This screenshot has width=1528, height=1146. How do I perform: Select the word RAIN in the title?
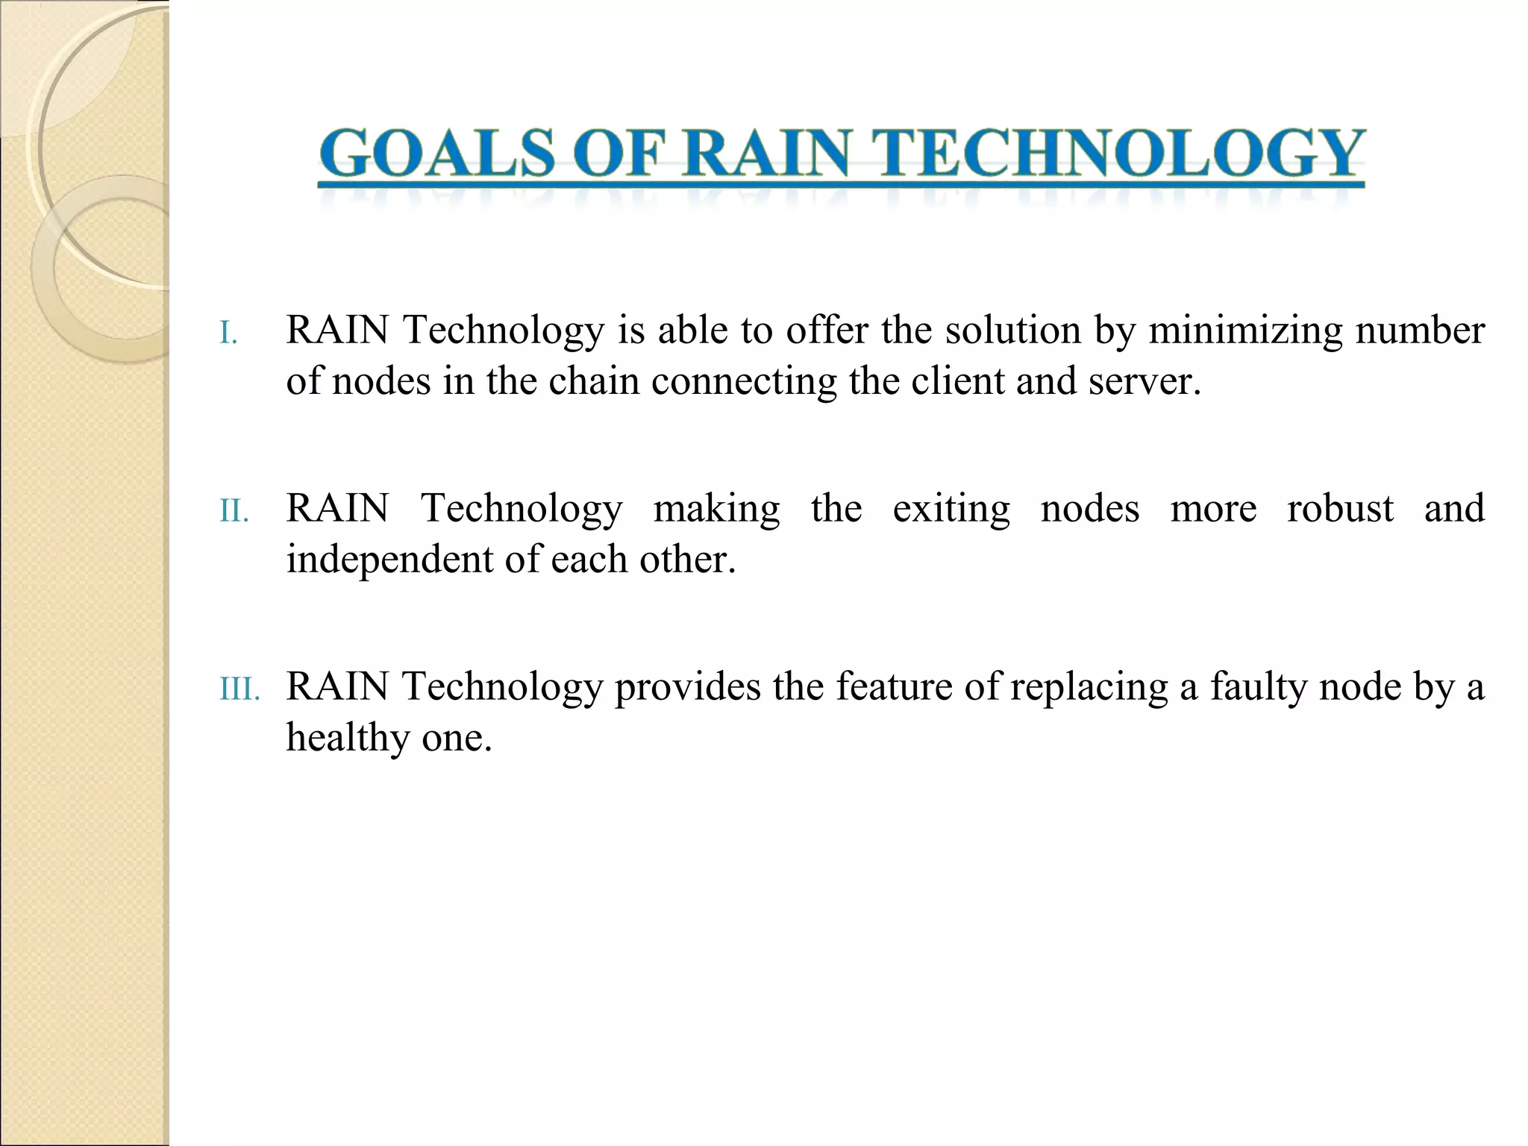(766, 153)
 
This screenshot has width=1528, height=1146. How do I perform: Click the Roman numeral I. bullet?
(228, 334)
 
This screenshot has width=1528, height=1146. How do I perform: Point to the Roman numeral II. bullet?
(234, 512)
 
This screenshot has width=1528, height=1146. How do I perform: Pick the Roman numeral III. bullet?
(239, 690)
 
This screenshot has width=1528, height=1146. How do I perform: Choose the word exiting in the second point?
(951, 508)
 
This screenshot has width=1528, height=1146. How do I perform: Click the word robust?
(1340, 508)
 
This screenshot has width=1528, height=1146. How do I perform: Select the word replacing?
(1089, 686)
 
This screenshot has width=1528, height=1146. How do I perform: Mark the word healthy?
(348, 738)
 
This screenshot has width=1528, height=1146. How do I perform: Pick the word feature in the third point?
(893, 686)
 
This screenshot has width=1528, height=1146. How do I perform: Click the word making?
(717, 508)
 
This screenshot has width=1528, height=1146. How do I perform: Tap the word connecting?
(744, 381)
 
